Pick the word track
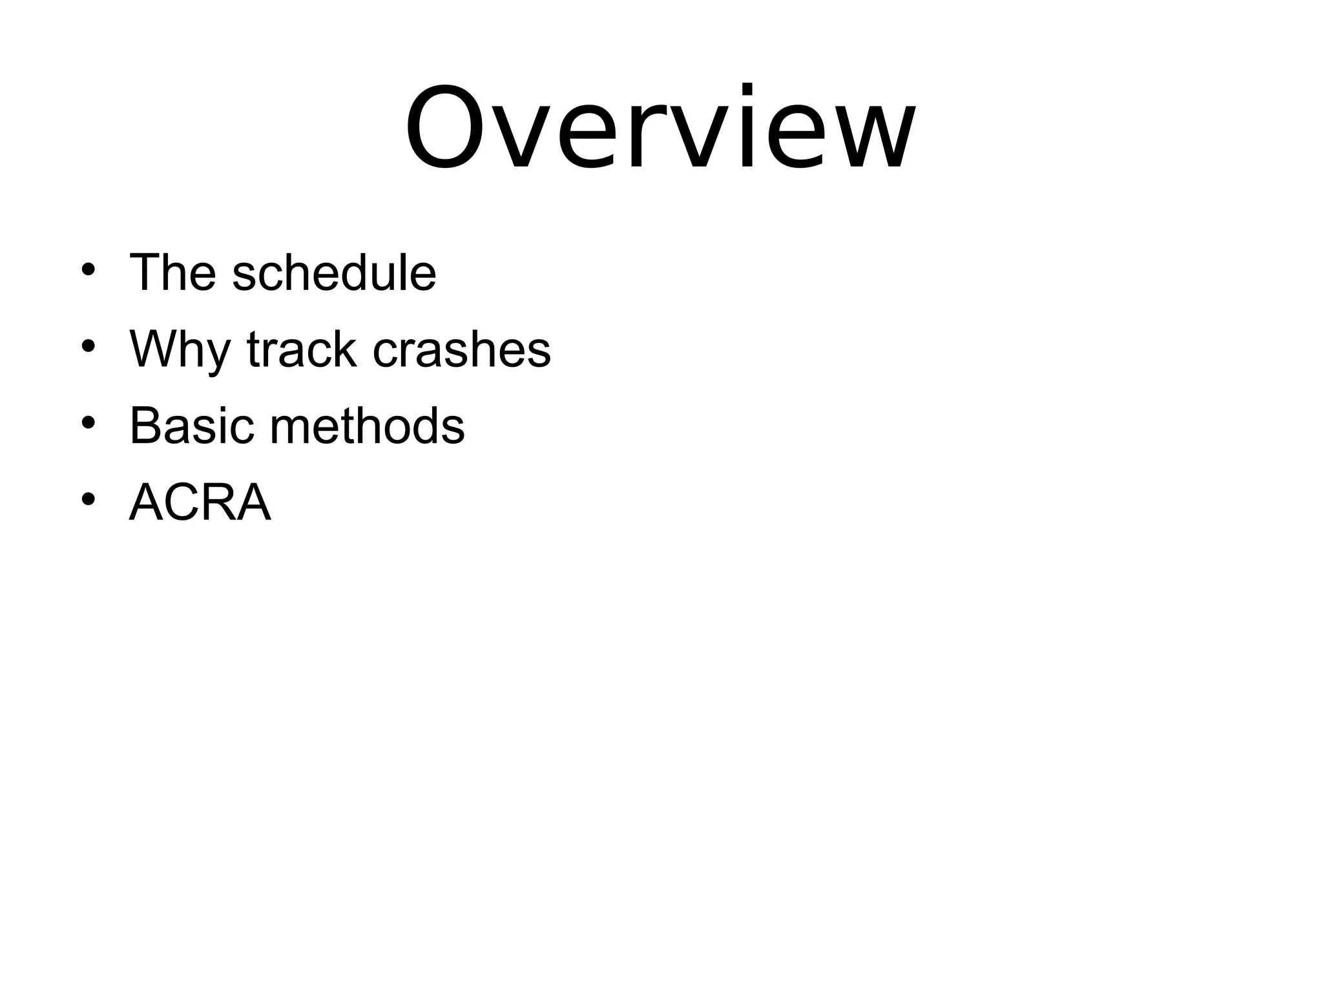tap(302, 349)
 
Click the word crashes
tap(462, 349)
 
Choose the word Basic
tap(192, 426)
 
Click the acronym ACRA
tap(200, 502)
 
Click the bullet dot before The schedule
tap(89, 269)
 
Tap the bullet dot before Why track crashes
tap(89, 346)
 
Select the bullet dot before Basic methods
tap(89, 422)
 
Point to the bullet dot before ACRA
tap(89, 499)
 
